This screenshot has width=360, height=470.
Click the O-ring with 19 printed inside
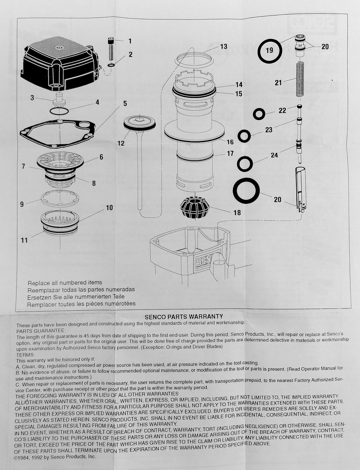269,51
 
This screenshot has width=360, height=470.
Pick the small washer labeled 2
111,65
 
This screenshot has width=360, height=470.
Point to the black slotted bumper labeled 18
195,209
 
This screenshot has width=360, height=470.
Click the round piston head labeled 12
140,123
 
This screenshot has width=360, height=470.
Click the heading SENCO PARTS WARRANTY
184,316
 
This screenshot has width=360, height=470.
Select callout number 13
223,47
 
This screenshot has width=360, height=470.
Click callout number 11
24,240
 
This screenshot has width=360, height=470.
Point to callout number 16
230,142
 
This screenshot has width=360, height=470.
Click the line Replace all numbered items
65,283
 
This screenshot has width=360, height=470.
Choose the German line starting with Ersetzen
76,297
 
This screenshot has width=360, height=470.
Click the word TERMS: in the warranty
26,355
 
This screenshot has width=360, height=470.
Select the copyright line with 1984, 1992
55,457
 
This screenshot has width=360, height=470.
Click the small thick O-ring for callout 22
259,114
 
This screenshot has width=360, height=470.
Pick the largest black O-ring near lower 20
246,190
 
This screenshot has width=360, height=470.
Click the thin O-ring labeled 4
59,111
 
